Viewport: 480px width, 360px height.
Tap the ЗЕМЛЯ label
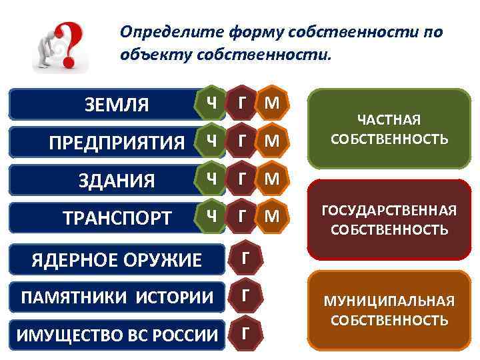click(117, 105)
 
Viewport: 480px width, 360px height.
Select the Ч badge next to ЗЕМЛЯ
click(211, 103)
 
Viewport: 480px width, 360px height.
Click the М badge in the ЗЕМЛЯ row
click(271, 103)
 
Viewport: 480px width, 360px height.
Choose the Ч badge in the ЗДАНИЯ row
click(211, 178)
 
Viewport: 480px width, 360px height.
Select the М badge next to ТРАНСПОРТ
click(271, 215)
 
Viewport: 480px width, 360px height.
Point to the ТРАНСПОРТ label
click(117, 218)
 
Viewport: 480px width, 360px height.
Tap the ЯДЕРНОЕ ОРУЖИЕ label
click(117, 259)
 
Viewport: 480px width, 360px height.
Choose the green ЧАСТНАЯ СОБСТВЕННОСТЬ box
click(389, 129)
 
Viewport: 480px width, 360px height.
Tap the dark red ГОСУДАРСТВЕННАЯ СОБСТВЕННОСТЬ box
click(389, 220)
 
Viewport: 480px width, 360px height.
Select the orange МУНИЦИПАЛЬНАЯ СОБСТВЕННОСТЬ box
click(389, 311)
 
